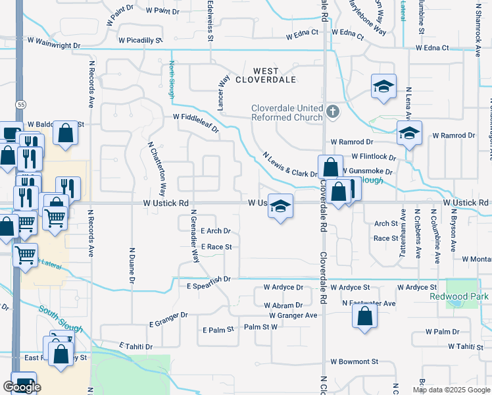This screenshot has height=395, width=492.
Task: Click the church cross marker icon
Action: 332,111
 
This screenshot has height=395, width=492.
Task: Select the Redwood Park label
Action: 466,296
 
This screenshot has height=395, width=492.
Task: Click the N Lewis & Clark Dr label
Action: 290,165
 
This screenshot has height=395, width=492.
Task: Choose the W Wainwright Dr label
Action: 54,46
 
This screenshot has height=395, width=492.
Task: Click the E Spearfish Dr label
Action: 209,278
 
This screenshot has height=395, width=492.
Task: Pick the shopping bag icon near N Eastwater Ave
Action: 364,316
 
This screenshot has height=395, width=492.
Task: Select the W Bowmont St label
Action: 355,361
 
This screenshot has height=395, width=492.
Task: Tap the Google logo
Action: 22,387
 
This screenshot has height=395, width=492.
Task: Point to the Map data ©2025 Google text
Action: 451,390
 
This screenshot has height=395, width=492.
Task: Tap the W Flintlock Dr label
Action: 374,157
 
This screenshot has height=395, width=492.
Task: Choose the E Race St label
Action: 216,247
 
